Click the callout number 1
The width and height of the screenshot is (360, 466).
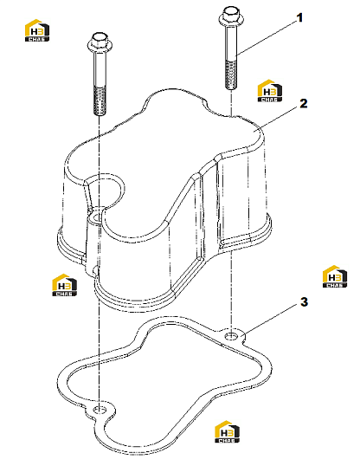[x=300, y=18]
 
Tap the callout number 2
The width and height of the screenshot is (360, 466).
[x=303, y=104]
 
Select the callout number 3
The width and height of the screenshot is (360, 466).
[x=304, y=302]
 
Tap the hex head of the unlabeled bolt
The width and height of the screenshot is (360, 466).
[x=100, y=42]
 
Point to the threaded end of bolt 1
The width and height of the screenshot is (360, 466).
[x=231, y=74]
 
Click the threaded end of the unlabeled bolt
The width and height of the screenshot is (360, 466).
[x=100, y=100]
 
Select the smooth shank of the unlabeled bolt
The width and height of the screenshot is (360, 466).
[x=100, y=69]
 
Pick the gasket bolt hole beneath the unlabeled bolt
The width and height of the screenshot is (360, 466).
[x=100, y=410]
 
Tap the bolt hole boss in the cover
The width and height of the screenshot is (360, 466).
[x=96, y=217]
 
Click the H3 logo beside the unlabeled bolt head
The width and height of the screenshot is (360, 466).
[x=37, y=30]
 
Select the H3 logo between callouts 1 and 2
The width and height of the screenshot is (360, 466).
[x=270, y=91]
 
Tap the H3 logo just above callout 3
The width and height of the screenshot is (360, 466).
[x=335, y=276]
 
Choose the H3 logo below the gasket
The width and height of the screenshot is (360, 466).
[x=227, y=431]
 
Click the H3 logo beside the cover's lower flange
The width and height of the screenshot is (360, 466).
[x=64, y=285]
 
